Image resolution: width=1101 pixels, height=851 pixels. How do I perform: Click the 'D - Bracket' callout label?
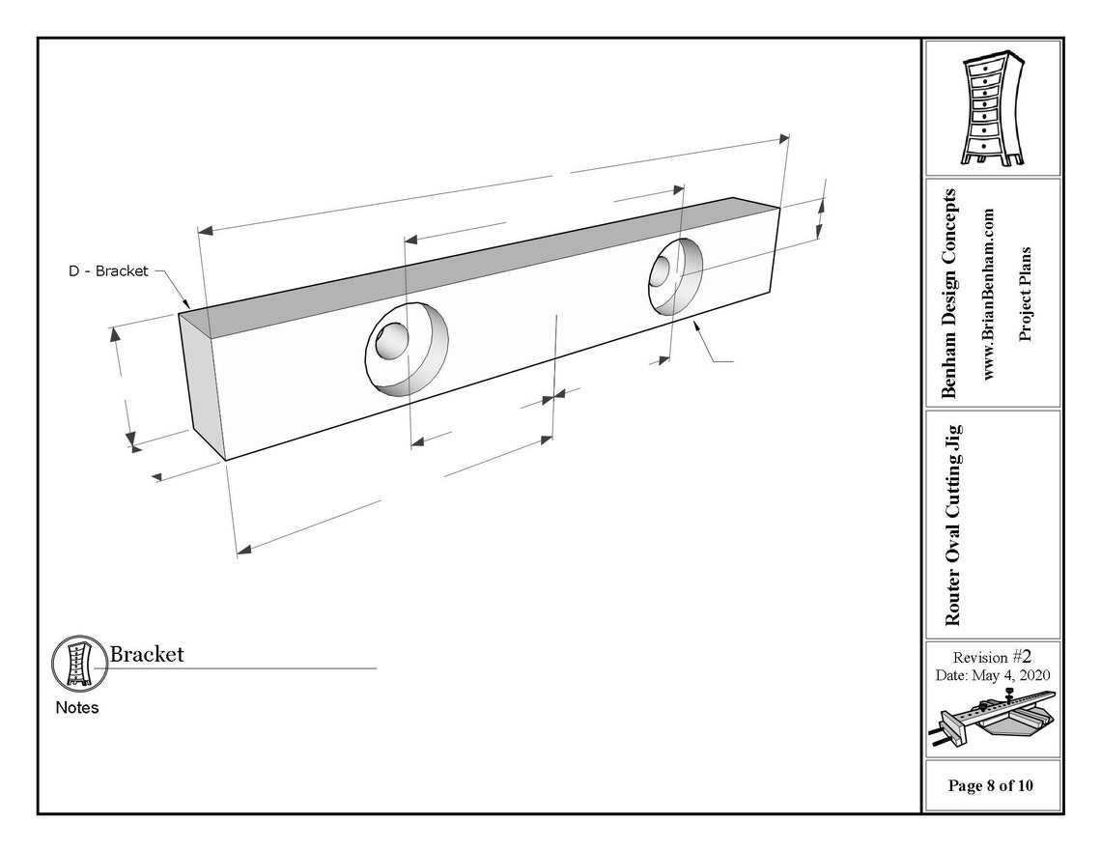point(108,271)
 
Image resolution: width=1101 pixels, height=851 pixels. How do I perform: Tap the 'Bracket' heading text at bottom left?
point(147,654)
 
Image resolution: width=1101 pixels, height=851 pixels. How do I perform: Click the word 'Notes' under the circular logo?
point(77,708)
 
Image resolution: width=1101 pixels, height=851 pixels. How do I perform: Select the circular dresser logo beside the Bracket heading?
point(78,662)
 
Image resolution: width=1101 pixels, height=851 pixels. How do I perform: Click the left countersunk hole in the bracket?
point(407,349)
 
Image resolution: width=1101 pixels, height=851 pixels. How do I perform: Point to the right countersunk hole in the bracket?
point(675,276)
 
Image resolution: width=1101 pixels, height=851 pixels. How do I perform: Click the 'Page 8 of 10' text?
point(990,785)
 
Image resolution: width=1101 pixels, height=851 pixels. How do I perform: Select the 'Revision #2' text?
point(992,657)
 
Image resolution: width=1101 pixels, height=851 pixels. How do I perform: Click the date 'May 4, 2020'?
point(1011,675)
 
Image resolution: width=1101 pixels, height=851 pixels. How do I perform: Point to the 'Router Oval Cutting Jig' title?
point(953,525)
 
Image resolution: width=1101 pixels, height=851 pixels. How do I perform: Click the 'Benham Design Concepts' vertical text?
point(948,294)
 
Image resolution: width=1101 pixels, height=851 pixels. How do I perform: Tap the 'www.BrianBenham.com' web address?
point(989,295)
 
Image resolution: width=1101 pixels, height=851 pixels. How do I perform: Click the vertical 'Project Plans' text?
point(1025,295)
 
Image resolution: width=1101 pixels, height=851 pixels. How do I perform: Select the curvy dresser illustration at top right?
point(992,107)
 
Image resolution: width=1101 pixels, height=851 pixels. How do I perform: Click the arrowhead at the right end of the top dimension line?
point(783,138)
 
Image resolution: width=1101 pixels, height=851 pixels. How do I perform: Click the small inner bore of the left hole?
point(391,341)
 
